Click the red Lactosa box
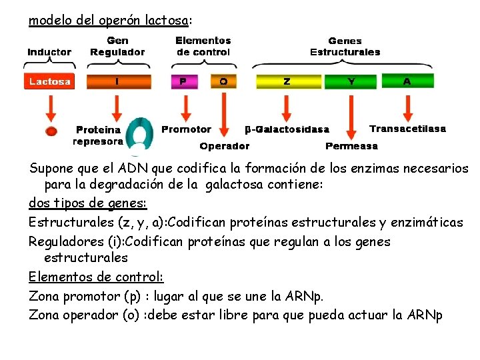point(50,82)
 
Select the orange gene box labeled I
point(117,82)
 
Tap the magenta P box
point(184,82)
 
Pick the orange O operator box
point(223,82)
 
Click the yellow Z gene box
point(287,82)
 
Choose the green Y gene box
point(351,82)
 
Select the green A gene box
point(407,82)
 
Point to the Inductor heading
point(49,52)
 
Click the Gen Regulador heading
point(117,47)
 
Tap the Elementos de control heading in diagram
point(203,47)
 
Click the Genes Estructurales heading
point(345,47)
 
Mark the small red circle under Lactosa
point(51,131)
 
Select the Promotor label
point(186,129)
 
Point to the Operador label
point(224,146)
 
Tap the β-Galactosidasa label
point(287,129)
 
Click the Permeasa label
point(351,146)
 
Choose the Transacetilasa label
point(407,129)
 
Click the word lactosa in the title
point(169,21)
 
